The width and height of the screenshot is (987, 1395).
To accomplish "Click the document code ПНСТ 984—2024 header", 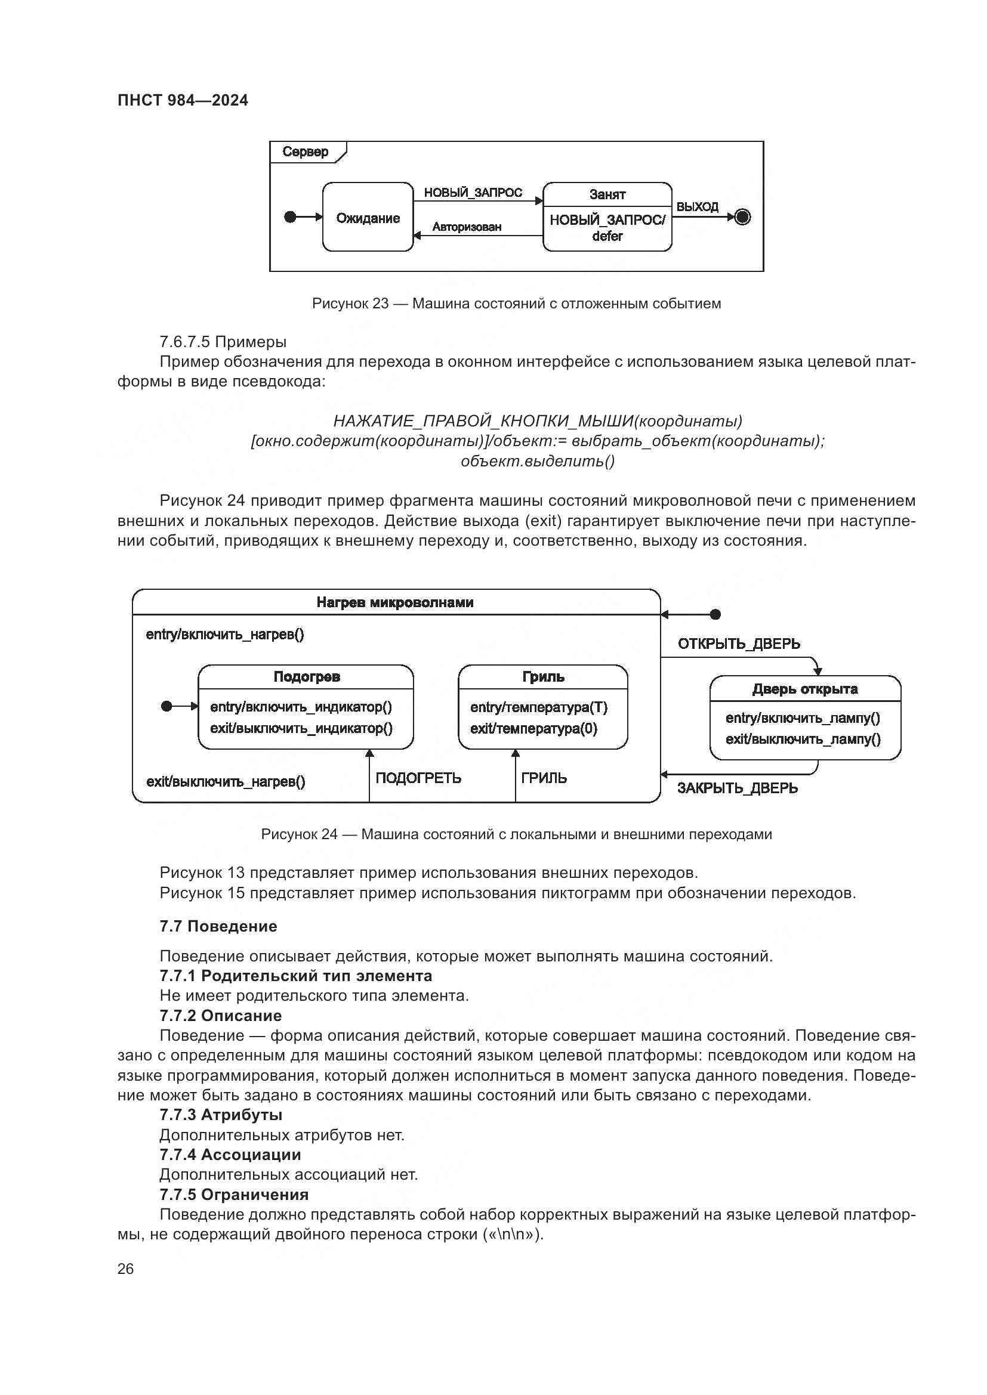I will (x=183, y=100).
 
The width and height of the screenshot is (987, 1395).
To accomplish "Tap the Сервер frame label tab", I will (x=306, y=152).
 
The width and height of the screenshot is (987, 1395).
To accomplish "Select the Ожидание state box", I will (x=368, y=218).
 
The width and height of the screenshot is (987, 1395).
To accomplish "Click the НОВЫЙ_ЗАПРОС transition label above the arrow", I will (x=473, y=193).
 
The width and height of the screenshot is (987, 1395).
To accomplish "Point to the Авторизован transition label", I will (x=467, y=227).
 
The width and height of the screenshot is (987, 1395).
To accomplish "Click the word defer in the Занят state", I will (x=607, y=236).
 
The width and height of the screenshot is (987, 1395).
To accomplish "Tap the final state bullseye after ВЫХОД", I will (x=743, y=217).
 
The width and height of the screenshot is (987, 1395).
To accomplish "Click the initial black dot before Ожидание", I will (x=291, y=217).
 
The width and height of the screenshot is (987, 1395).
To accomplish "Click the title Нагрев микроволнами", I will (x=395, y=602).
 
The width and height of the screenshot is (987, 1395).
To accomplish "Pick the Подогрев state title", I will (x=306, y=677).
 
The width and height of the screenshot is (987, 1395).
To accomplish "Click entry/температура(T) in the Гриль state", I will (x=538, y=707).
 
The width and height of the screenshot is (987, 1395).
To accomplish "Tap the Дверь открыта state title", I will (x=804, y=689).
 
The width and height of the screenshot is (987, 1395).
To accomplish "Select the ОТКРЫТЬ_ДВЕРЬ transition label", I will (x=738, y=644).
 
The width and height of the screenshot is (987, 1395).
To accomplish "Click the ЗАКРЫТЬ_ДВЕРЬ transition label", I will (x=737, y=788).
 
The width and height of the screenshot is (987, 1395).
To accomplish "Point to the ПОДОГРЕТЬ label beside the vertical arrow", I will (x=418, y=778).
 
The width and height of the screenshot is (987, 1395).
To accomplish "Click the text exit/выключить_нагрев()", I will (x=226, y=782).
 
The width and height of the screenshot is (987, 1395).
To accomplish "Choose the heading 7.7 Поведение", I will (x=218, y=926).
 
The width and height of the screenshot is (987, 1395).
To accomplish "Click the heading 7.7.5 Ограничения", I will (x=234, y=1195).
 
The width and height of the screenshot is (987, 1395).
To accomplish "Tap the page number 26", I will (x=125, y=1269).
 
